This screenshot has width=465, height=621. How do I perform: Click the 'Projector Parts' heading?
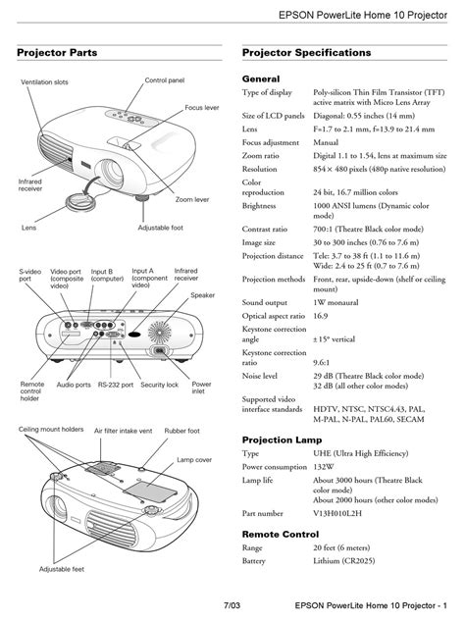57,53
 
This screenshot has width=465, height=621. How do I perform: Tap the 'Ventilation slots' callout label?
44,82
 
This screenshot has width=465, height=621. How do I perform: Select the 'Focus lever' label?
202,107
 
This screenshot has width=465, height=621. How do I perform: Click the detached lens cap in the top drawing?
80,201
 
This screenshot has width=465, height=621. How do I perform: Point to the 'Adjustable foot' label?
161,228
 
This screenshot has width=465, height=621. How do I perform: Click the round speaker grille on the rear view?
160,332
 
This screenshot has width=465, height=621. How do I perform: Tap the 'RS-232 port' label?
116,385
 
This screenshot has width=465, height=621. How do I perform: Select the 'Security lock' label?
159,385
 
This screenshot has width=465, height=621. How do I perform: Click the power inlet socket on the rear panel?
160,350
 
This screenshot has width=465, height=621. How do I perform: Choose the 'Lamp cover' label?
194,460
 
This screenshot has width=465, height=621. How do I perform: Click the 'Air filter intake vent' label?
124,431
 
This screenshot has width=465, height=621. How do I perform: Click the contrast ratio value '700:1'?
323,229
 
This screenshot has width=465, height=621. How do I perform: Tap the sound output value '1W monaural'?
336,302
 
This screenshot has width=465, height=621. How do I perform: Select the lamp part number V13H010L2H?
337,513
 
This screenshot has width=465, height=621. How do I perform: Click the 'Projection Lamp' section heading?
282,440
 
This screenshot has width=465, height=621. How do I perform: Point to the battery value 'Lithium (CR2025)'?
343,561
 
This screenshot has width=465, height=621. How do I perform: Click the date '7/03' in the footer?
232,605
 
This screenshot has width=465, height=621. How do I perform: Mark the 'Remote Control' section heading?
281,535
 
